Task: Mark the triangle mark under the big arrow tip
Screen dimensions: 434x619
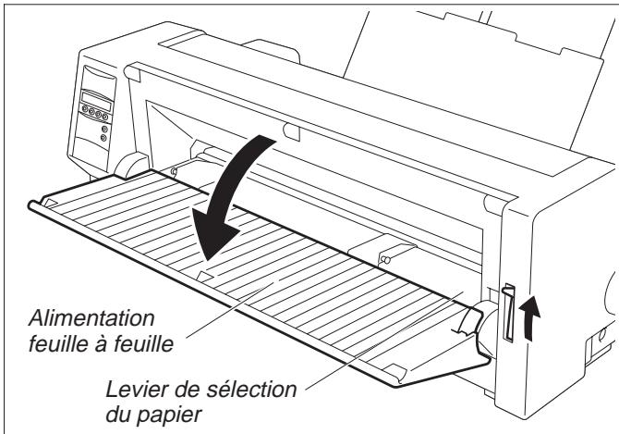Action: point(205,274)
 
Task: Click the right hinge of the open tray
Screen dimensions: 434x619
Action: point(472,323)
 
